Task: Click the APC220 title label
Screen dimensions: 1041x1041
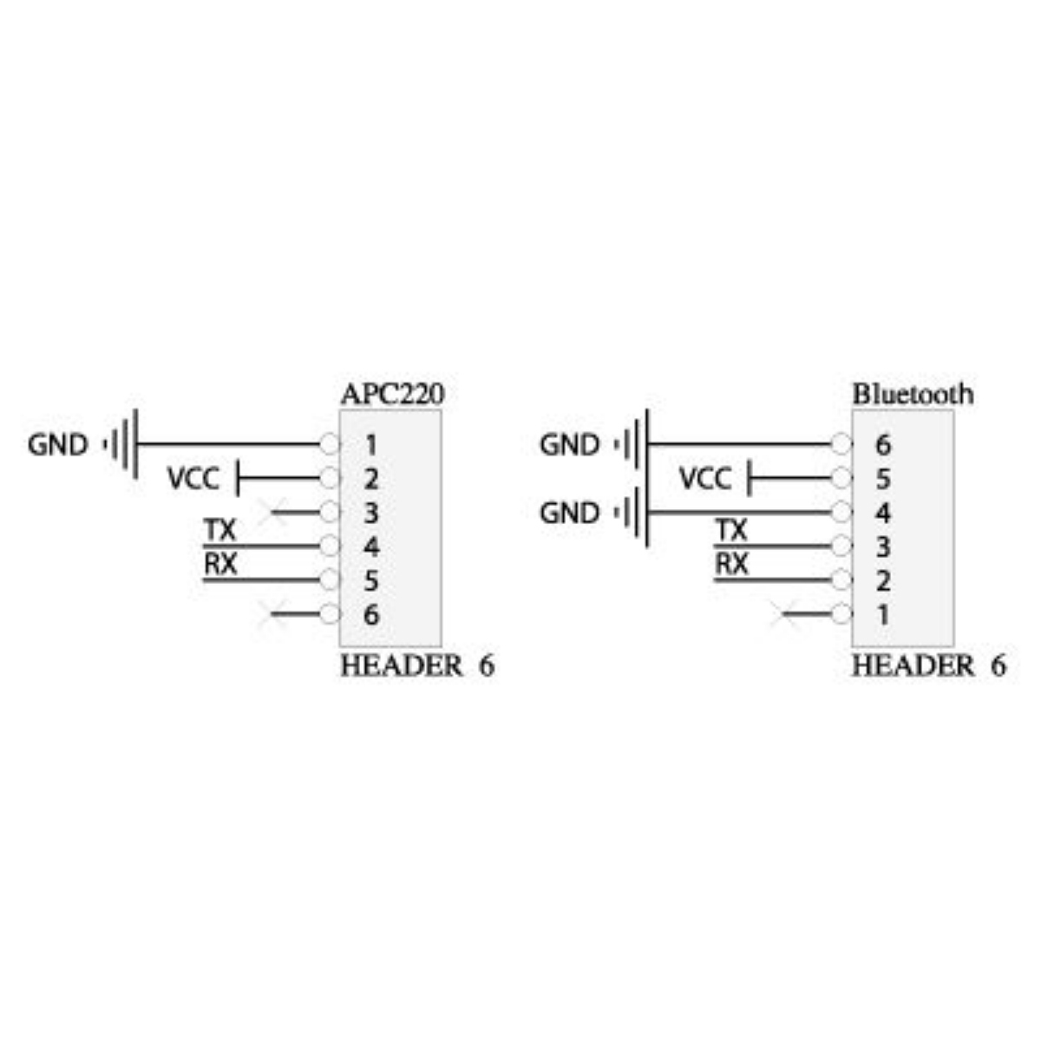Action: coord(393,394)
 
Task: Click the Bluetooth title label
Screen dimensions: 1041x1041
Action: coord(913,394)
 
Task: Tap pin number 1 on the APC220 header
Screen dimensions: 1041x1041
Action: coord(371,445)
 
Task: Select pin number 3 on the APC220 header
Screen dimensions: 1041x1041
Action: coord(371,513)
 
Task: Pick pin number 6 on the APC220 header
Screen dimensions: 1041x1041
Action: coord(371,615)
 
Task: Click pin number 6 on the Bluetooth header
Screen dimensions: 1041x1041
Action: coord(883,445)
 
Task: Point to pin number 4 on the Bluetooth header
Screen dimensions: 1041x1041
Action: coord(883,513)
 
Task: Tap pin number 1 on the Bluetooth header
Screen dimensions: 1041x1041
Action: coord(883,615)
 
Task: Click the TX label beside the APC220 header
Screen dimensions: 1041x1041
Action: coord(220,530)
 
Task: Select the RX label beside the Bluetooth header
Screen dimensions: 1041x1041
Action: coord(732,564)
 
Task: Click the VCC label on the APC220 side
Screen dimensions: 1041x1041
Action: coord(193,479)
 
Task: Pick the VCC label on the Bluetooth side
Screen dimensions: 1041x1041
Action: coord(705,479)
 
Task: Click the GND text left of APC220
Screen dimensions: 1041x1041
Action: coord(58,445)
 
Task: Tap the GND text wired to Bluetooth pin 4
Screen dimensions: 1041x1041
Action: coord(569,513)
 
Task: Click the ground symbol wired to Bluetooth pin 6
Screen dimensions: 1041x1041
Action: coord(632,445)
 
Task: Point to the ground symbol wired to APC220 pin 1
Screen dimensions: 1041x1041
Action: coord(121,445)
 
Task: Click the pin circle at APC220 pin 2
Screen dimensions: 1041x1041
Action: coord(330,478)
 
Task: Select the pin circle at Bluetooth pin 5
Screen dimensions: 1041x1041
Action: coord(841,478)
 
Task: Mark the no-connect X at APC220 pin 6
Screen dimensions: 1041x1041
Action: coord(272,614)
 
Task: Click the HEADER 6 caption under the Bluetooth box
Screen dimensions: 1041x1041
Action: coord(929,666)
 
